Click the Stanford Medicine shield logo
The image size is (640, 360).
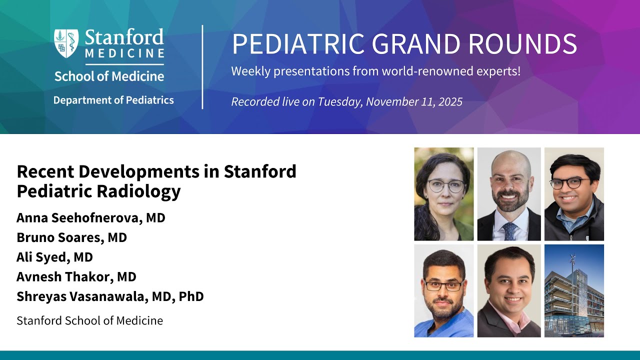pos(66,43)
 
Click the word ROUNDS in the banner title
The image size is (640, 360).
pos(522,44)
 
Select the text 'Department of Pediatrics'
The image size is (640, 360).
pos(113,100)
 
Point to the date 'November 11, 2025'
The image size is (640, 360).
pos(414,101)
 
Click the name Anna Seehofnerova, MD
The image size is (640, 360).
pos(91,218)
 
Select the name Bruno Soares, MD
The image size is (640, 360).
pos(71,237)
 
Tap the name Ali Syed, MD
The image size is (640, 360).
pos(54,257)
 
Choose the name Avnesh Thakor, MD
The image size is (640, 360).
pos(76,277)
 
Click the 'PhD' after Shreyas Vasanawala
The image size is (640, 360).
pos(191,296)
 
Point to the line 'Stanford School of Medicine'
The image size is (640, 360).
pos(89,320)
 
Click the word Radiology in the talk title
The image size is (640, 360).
pos(138,191)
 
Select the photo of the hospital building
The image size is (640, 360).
pos(574,291)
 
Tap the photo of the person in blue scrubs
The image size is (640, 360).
pos(444,291)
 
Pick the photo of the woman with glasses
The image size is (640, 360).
pos(444,194)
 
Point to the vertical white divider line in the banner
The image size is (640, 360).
pos(202,67)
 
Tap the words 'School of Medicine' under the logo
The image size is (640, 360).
pos(109,76)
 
